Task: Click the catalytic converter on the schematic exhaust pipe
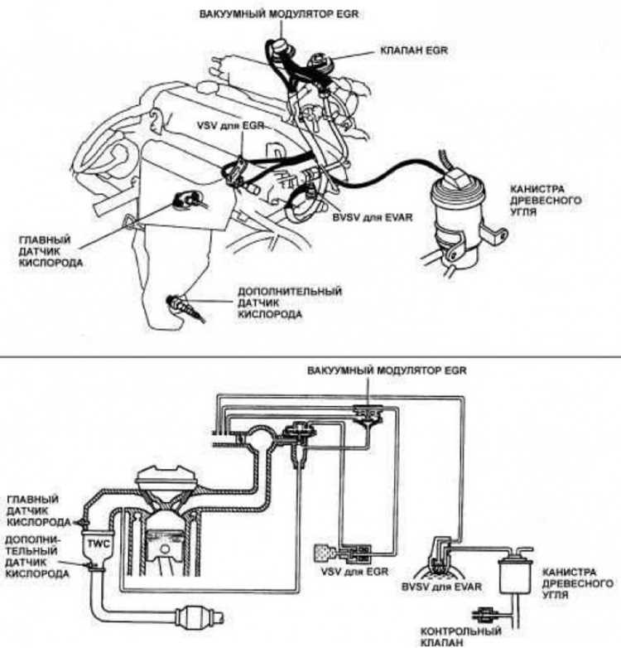click(191, 617)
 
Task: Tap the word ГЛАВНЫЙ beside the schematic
click(31, 502)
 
